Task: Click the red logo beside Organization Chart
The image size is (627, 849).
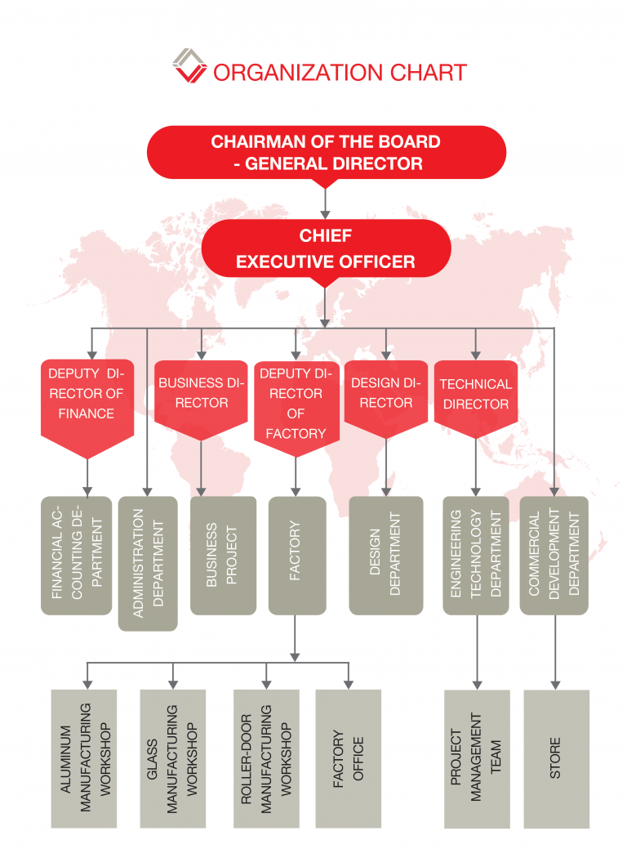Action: [x=189, y=66]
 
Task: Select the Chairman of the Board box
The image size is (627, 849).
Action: [x=326, y=152]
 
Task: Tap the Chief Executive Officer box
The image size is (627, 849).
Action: [x=326, y=248]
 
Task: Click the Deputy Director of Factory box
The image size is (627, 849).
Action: [x=296, y=404]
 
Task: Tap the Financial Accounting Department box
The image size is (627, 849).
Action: [x=77, y=555]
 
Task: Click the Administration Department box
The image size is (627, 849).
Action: [x=148, y=563]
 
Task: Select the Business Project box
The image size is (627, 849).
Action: [x=223, y=555]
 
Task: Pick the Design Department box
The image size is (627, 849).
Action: [x=386, y=555]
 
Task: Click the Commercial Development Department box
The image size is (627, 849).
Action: [x=554, y=555]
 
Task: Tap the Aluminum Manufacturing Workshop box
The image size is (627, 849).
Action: [x=85, y=758]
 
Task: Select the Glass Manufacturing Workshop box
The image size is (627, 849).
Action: [x=172, y=758]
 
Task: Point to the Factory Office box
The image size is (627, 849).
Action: [x=349, y=758]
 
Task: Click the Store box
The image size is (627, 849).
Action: [x=556, y=758]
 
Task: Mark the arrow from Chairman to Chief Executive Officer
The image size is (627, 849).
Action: [x=326, y=199]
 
